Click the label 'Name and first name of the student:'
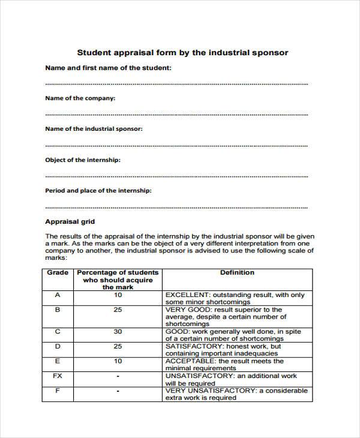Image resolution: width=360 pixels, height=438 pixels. tap(109, 68)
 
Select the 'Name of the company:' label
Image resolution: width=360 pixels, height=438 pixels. tap(80, 98)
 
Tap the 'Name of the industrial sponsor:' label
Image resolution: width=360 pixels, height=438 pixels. tap(94, 129)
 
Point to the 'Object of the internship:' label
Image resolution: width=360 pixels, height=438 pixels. tap(83, 160)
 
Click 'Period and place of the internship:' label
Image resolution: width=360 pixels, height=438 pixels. tap(98, 191)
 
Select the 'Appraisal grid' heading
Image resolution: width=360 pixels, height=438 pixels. tap(70, 221)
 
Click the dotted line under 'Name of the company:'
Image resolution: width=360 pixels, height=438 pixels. tap(176, 114)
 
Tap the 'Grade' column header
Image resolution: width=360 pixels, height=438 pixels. tap(58, 272)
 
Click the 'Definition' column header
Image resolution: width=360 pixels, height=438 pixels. tap(237, 272)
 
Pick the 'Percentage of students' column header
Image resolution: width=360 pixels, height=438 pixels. tap(118, 272)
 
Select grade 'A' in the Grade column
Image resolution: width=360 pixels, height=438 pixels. tap(58, 295)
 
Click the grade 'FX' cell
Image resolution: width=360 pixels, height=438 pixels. tap(58, 376)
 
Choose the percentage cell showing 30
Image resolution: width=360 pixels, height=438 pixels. tap(118, 331)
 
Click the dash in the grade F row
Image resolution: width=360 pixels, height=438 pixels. tap(118, 391)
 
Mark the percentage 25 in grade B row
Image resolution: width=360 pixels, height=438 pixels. tap(118, 310)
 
